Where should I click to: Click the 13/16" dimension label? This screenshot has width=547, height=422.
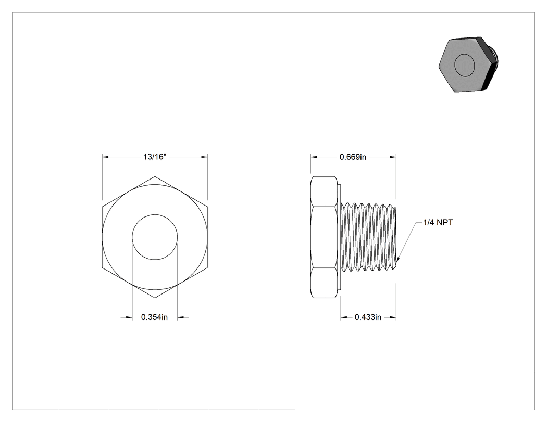tap(155, 157)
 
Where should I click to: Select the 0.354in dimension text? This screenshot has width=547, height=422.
tap(154, 317)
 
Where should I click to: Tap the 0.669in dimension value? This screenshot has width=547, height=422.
tap(353, 157)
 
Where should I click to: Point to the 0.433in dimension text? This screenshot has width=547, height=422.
tap(368, 317)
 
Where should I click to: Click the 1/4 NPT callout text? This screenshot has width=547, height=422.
tap(438, 222)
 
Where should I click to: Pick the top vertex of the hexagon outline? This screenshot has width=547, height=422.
tap(155, 176)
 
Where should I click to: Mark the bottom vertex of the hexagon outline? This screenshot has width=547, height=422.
tap(155, 298)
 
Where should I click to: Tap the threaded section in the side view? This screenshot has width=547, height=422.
tap(368, 237)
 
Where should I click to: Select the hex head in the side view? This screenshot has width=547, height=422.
tap(324, 237)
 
